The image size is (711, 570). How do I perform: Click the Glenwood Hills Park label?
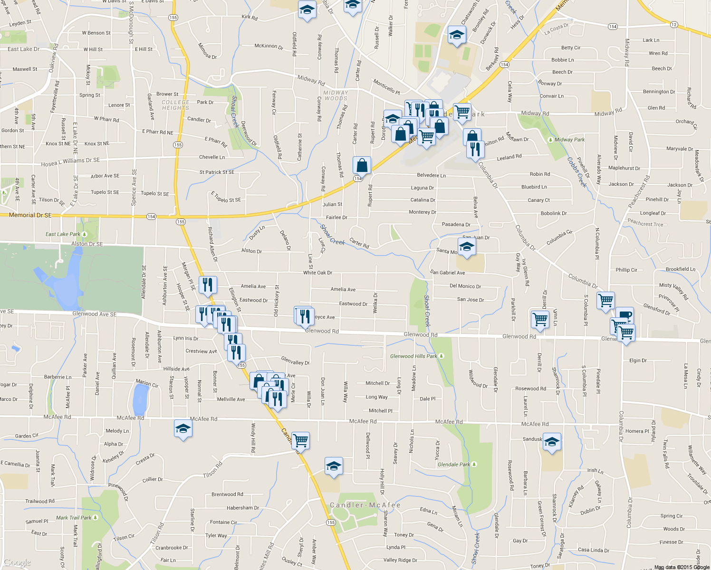tap(413, 356)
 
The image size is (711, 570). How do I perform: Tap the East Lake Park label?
tap(63, 234)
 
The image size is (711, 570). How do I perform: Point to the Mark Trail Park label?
tap(74, 518)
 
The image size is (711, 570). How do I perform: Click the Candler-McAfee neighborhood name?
tap(365, 505)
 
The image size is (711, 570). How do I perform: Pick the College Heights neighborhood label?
tap(175, 105)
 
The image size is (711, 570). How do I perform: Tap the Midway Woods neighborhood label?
tap(336, 95)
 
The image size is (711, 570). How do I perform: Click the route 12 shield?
tap(674, 24)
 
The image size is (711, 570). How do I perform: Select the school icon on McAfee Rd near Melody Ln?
tap(183, 429)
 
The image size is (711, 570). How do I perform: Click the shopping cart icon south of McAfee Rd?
tap(300, 440)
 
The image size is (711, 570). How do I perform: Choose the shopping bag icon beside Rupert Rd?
tap(362, 165)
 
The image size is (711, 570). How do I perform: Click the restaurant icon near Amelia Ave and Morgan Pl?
tap(208, 285)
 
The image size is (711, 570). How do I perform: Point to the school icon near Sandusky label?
tap(552, 442)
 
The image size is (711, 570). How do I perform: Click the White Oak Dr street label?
tap(317, 273)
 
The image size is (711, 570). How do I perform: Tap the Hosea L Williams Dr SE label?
tap(70, 162)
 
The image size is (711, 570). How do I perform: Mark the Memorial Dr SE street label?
tap(30, 215)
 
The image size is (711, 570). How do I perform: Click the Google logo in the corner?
tap(17, 563)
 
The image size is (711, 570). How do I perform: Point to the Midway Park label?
tap(569, 140)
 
